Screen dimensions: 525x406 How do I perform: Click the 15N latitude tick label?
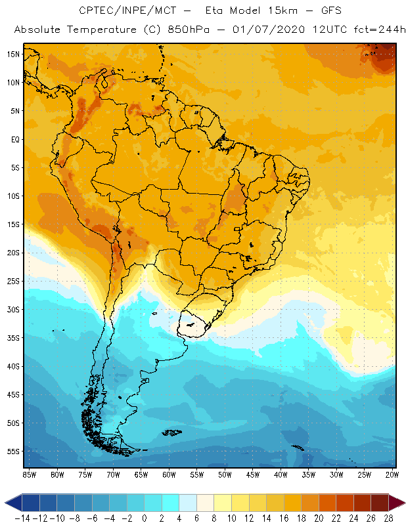tap(12, 54)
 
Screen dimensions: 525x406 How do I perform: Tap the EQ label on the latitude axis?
tap(13, 139)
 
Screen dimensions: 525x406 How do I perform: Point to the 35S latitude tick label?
tap(12, 338)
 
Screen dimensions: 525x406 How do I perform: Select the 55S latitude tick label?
tap(12, 451)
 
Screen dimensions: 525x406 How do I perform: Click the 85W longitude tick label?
tap(29, 474)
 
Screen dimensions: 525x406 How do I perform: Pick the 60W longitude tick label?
tap(169, 474)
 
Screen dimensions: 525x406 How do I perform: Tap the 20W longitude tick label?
tap(392, 474)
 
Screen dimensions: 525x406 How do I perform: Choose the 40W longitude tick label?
tap(281, 474)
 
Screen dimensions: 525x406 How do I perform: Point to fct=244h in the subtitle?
tap(373, 30)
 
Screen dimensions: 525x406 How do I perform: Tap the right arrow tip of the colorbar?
tap(402, 503)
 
